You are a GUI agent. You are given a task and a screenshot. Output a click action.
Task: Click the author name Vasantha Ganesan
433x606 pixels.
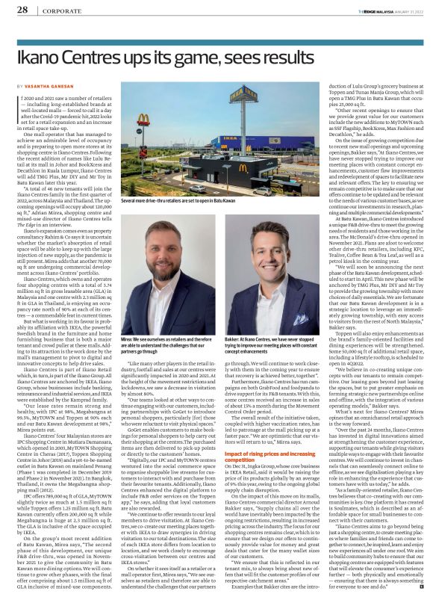tap(52, 87)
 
